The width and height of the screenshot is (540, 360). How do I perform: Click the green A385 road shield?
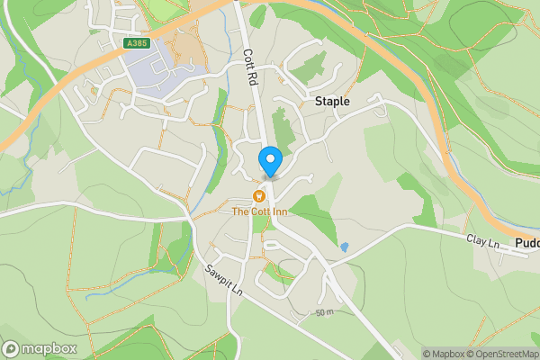(x=137, y=42)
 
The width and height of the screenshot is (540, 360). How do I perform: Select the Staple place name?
(x=331, y=103)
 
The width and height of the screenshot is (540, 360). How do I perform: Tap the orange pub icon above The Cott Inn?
(x=259, y=195)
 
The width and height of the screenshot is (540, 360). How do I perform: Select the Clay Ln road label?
(x=482, y=241)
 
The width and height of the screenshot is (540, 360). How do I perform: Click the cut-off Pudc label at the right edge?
(x=527, y=244)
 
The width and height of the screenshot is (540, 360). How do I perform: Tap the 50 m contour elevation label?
(x=325, y=312)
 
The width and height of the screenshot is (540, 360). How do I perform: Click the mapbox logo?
(x=40, y=348)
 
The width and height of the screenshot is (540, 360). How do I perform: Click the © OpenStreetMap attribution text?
(x=505, y=354)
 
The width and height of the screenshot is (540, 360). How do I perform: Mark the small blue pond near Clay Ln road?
(x=344, y=246)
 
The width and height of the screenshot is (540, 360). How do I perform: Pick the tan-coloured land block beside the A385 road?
(x=189, y=49)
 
